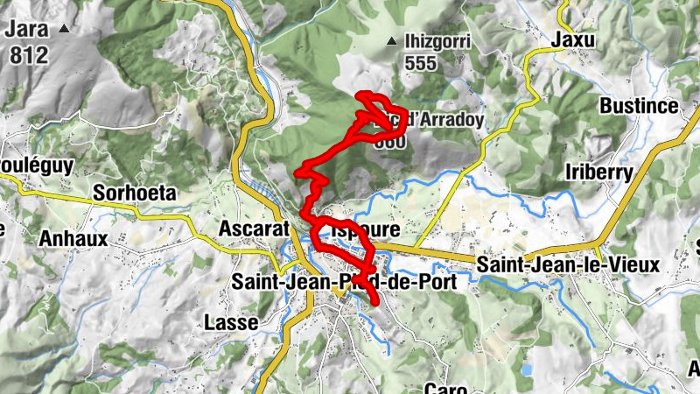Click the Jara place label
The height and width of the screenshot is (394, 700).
click(x=26, y=28)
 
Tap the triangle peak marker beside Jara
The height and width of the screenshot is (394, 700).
click(x=63, y=29)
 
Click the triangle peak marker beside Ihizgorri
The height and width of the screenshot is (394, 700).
click(x=390, y=42)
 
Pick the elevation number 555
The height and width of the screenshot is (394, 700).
click(x=420, y=63)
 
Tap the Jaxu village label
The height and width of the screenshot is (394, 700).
click(x=573, y=39)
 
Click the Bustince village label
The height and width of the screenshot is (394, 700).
click(x=639, y=106)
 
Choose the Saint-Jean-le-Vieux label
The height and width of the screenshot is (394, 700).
click(x=569, y=264)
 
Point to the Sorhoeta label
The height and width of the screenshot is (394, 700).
click(x=135, y=193)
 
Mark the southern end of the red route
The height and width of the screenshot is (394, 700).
click(x=377, y=302)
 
